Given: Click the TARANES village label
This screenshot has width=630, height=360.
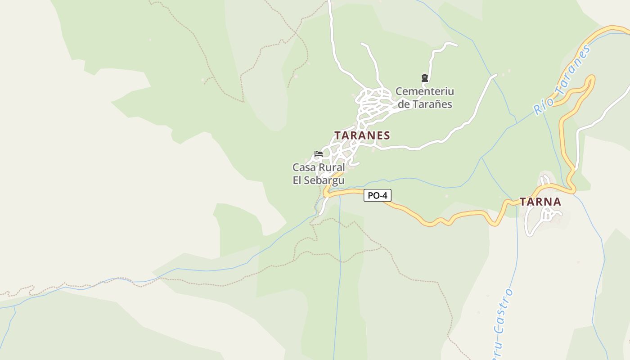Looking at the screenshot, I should (x=362, y=135).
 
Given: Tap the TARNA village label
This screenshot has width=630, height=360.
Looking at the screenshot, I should (x=540, y=202).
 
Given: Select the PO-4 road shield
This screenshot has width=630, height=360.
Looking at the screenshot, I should (x=377, y=195).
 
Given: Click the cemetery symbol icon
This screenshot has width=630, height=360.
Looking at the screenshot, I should (x=424, y=78).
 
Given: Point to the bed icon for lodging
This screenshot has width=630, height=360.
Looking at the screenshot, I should (x=319, y=154).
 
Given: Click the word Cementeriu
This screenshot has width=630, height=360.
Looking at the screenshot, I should (x=425, y=92).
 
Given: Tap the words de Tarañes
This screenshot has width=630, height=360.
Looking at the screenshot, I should (x=425, y=104).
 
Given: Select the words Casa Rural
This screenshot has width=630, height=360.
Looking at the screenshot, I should (x=319, y=168).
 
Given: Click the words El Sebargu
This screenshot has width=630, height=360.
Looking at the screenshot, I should (x=319, y=181).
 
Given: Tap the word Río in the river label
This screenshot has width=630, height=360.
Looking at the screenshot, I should (x=539, y=107).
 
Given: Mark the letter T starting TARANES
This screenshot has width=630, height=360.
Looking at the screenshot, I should (x=337, y=135).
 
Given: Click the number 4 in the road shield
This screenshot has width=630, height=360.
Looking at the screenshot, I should (x=384, y=195).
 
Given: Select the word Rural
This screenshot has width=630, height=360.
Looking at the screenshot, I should (x=332, y=168).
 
